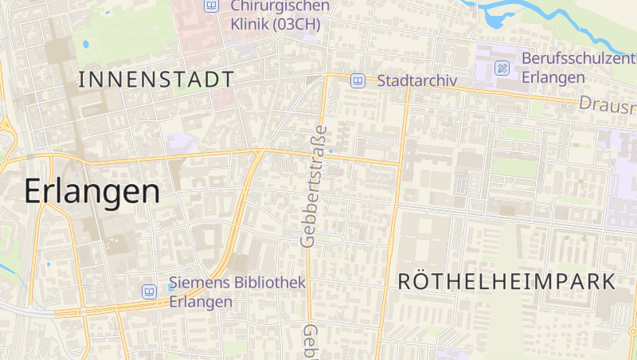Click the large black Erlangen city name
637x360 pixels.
(92, 191)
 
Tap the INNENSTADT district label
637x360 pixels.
(157, 79)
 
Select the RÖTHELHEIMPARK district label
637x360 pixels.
(506, 281)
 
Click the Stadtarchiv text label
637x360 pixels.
(416, 80)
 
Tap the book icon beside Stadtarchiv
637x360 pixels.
(358, 80)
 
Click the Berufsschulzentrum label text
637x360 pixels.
(578, 59)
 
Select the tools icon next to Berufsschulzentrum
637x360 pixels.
(502, 68)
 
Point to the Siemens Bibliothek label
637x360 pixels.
(237, 284)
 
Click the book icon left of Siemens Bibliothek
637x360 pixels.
(149, 292)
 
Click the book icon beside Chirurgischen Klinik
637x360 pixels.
(211, 6)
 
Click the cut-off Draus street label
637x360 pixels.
(607, 104)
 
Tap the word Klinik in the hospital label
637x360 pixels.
(249, 24)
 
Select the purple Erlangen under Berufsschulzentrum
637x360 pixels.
(553, 77)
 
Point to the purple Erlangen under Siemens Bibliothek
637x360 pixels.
(201, 302)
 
